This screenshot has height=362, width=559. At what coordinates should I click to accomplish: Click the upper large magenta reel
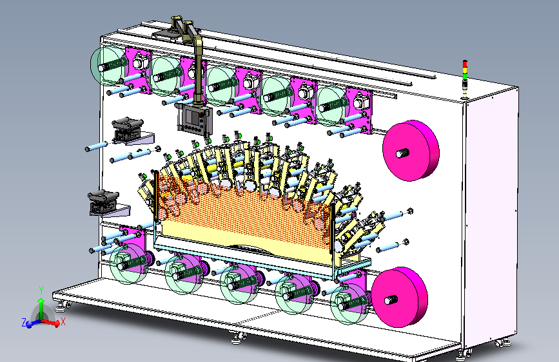pyautogui.click(x=411, y=151)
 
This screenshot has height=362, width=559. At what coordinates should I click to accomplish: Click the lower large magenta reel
pyautogui.click(x=399, y=297)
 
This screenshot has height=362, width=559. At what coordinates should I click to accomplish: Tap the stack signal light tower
pyautogui.click(x=464, y=79)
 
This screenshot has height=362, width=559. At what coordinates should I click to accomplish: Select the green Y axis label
pyautogui.click(x=41, y=291)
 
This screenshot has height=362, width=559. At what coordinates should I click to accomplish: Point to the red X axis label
pyautogui.click(x=63, y=321)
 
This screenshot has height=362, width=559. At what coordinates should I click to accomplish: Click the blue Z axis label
pyautogui.click(x=25, y=323)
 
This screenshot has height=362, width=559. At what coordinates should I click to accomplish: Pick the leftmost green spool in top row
pyautogui.click(x=109, y=66)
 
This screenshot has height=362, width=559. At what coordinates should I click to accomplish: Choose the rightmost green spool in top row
pyautogui.click(x=332, y=106)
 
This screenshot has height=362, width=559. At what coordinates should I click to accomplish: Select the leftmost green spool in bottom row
pyautogui.click(x=129, y=264)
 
